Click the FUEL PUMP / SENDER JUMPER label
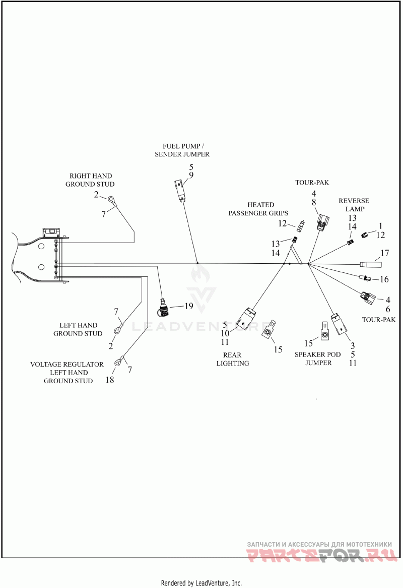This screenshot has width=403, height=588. [x=182, y=150]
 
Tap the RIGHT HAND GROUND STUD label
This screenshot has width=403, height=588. [x=90, y=180]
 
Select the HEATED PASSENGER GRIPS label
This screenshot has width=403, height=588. [x=258, y=209]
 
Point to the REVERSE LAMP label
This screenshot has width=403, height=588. [x=354, y=205]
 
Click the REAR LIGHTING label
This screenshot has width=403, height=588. [x=233, y=359]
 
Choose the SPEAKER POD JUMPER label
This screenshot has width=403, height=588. [x=317, y=359]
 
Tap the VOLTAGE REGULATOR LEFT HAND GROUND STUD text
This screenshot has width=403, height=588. [x=67, y=372]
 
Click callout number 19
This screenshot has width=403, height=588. [x=189, y=306]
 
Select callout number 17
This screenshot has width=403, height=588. [x=385, y=253]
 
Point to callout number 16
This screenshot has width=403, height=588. [x=384, y=279]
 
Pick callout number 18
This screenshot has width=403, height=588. [x=110, y=380]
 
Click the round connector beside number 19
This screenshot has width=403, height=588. [x=164, y=307]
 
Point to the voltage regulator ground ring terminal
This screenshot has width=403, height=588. [x=119, y=361]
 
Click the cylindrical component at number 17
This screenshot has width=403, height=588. [x=371, y=265]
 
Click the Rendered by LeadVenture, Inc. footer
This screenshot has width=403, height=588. [x=201, y=583]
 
